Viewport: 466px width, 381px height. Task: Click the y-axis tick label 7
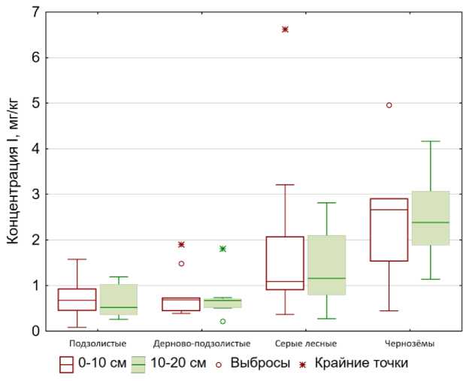tap(35, 13)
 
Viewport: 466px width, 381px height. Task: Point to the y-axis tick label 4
tap(35, 149)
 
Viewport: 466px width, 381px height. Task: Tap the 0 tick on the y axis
tap(35, 331)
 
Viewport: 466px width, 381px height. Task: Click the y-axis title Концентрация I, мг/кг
tap(12, 172)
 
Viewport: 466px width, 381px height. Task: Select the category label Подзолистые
tap(92, 343)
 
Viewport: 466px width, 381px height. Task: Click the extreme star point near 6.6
tap(285, 29)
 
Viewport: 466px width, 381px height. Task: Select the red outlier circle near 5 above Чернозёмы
tap(389, 105)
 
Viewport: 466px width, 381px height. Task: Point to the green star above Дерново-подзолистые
tap(222, 249)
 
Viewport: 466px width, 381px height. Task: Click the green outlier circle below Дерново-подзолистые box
tap(222, 322)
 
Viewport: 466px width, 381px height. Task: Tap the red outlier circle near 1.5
tap(181, 264)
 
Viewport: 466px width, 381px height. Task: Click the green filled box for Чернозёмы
tap(431, 218)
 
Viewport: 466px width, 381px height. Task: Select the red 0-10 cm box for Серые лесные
tap(285, 263)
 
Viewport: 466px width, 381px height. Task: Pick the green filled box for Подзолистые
tap(119, 299)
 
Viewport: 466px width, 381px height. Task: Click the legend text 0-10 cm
tap(101, 364)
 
